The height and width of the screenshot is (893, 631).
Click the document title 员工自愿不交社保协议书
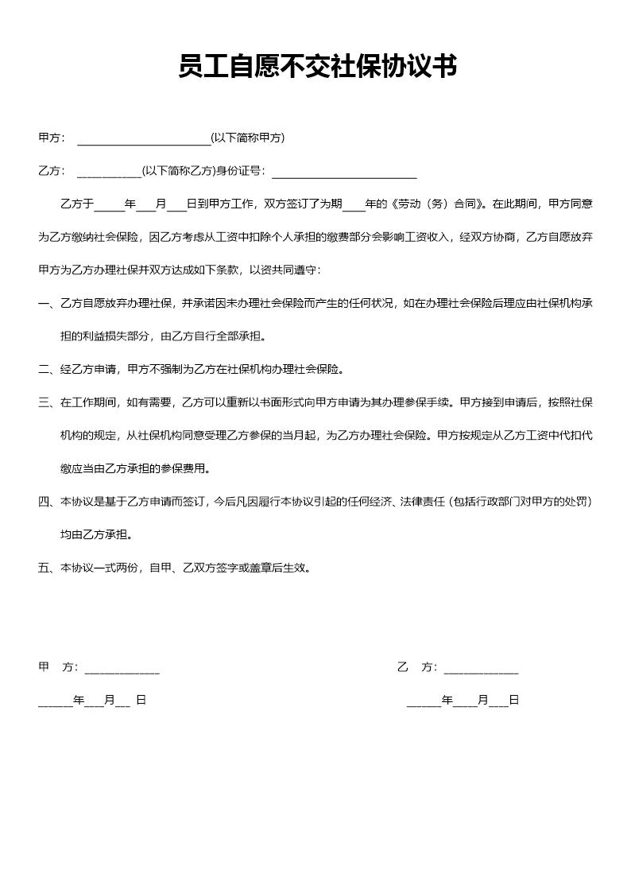tap(317, 67)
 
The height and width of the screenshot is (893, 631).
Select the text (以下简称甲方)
tap(247, 138)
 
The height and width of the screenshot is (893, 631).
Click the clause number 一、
tap(45, 303)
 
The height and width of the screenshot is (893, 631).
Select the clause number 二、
tap(45, 369)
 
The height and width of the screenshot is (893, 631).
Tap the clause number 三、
tap(45, 402)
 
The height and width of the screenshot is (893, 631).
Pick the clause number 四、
tap(45, 502)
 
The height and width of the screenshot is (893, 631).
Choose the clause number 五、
tap(45, 568)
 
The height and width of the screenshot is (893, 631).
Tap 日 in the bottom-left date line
tap(141, 701)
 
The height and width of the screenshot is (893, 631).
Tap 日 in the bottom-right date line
tap(513, 701)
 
